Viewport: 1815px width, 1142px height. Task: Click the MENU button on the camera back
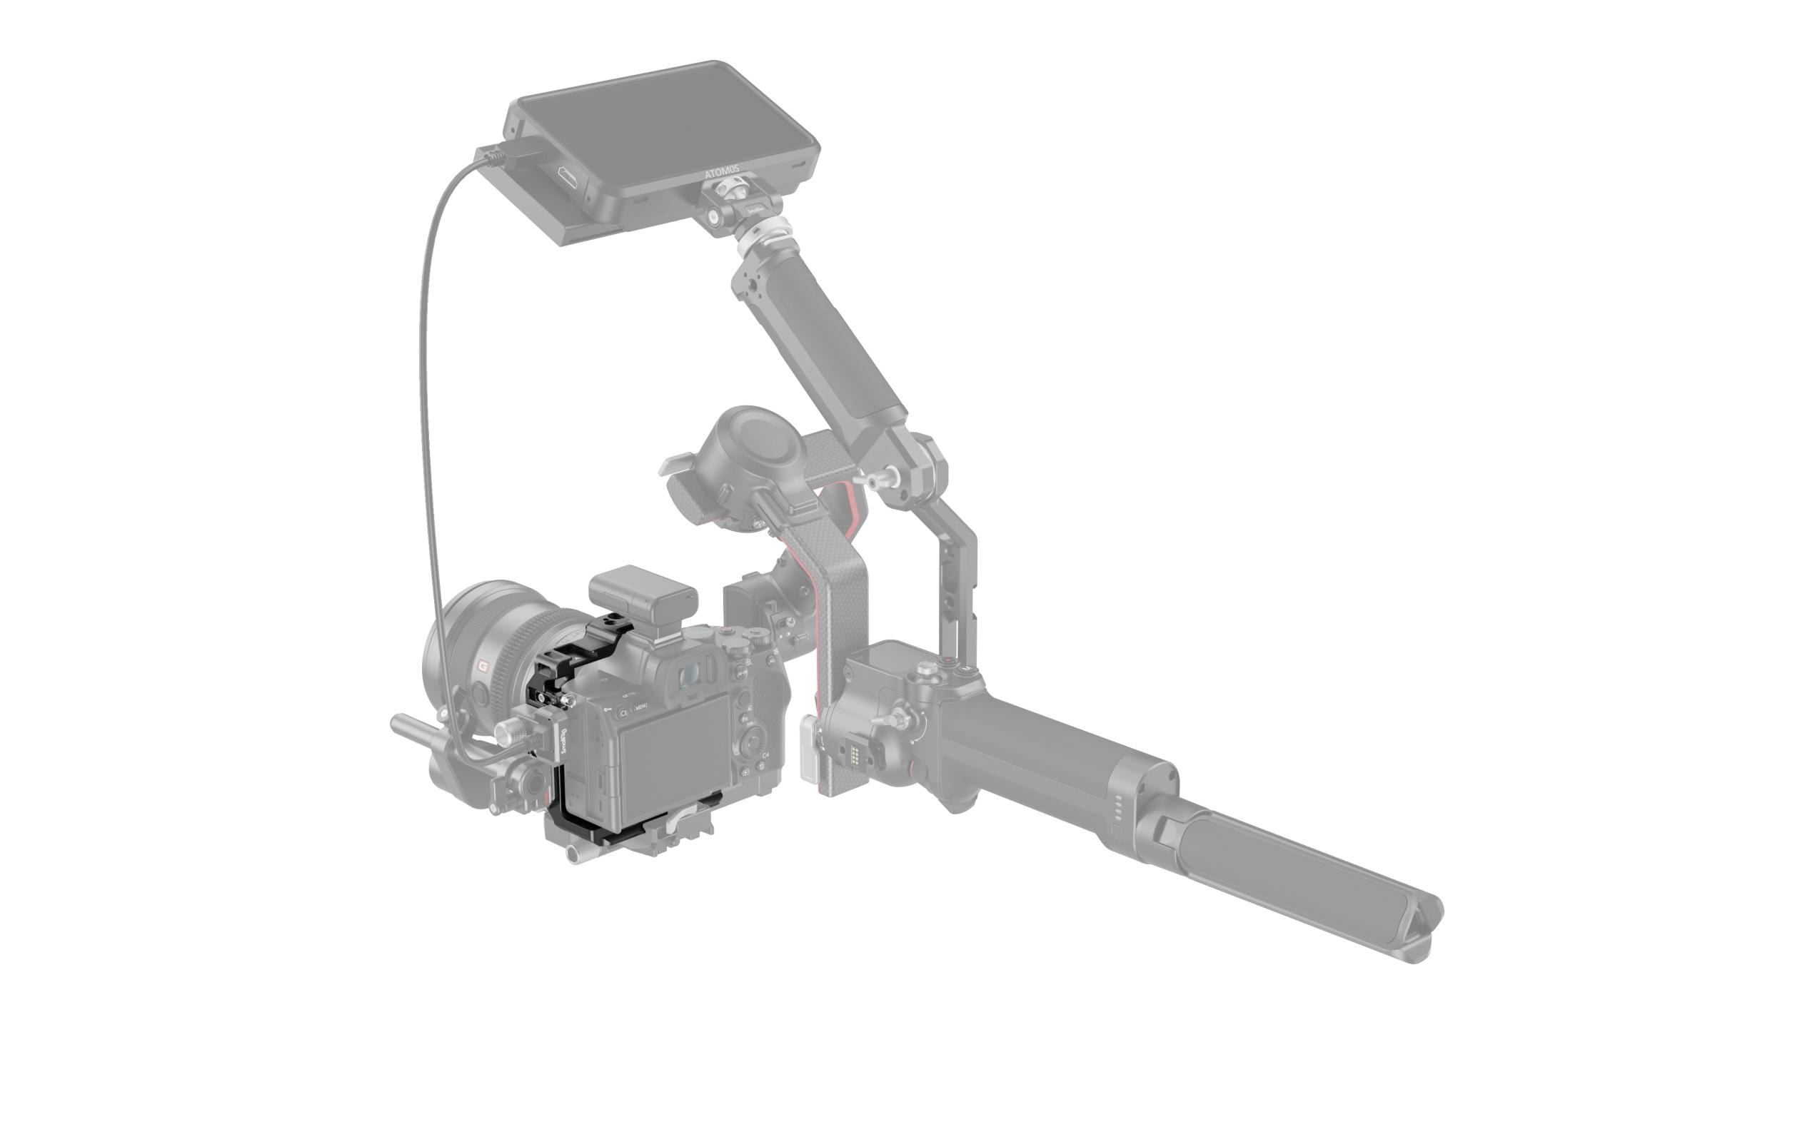pyautogui.click(x=640, y=707)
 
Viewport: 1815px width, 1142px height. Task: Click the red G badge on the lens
pyautogui.click(x=483, y=666)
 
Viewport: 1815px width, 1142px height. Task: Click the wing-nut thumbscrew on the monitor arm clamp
pyautogui.click(x=878, y=479)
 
